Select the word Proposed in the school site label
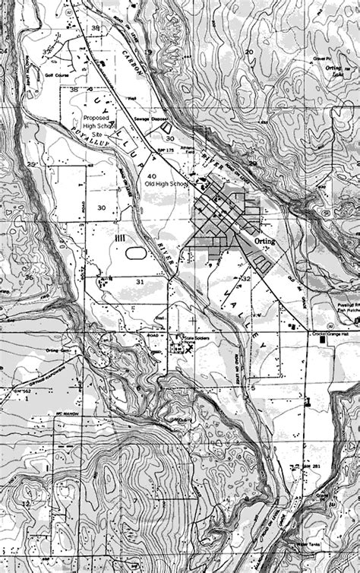tap(96, 119)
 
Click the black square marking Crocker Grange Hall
tap(322, 341)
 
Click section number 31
tap(139, 282)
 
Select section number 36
tap(29, 277)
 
